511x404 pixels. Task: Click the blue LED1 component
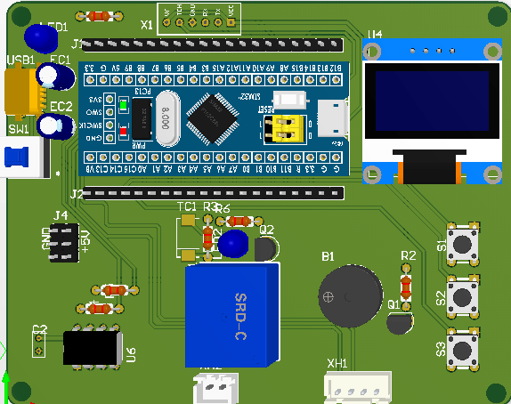tap(39, 37)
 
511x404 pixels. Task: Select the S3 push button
tap(463, 347)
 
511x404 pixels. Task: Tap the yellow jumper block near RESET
tap(288, 129)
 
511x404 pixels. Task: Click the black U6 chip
tap(92, 347)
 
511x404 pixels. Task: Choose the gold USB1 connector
tap(20, 93)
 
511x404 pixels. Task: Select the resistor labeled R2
tap(407, 285)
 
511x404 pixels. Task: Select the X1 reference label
tap(147, 25)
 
